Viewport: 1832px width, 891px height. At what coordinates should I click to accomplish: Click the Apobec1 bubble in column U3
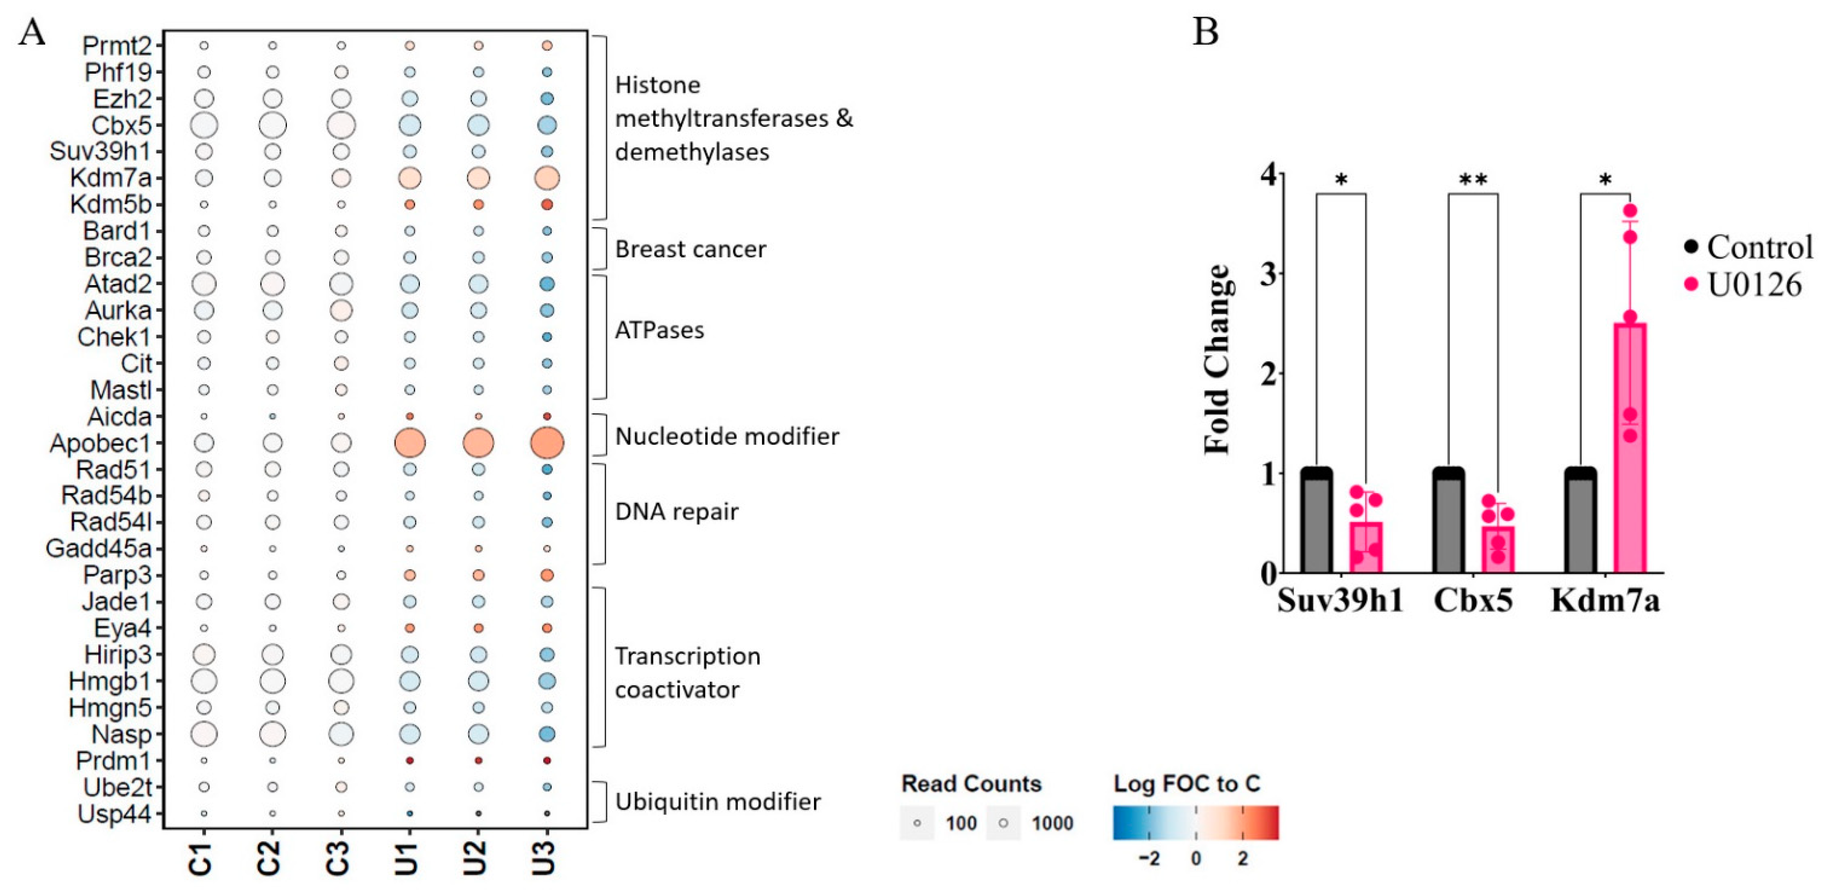point(547,443)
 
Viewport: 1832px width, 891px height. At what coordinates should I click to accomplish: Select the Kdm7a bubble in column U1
point(410,178)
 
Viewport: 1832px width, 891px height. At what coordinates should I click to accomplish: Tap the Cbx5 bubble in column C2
point(272,125)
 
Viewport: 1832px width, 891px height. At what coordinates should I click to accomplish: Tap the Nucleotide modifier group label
point(727,436)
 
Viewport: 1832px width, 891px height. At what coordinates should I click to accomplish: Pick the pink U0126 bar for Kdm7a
point(1630,448)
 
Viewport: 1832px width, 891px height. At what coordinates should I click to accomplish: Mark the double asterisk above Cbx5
point(1473,180)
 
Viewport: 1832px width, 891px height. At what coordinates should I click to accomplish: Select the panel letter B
point(1205,32)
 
